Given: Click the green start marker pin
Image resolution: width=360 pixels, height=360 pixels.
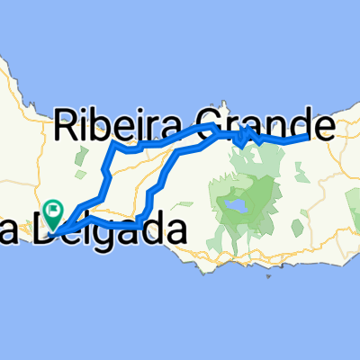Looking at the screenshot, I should (55, 213).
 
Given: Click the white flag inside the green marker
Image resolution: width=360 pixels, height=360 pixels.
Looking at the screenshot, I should (56, 211).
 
